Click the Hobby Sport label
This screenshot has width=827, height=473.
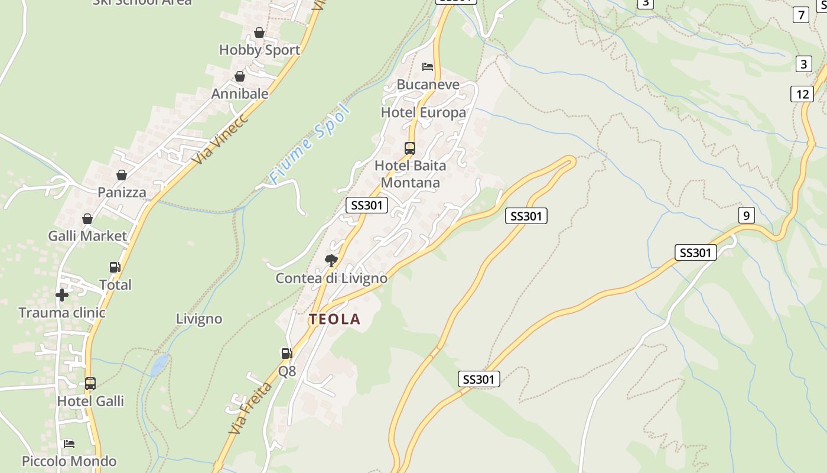pyautogui.click(x=259, y=50)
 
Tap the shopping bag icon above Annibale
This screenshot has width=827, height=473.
pyautogui.click(x=240, y=76)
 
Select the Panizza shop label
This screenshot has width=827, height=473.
pyautogui.click(x=122, y=192)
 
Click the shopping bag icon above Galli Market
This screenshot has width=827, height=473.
pyautogui.click(x=87, y=219)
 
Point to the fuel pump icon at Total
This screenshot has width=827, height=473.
pyautogui.click(x=115, y=267)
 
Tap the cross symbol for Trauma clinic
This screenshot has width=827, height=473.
pyautogui.click(x=62, y=294)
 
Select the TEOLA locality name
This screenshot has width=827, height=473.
pyautogui.click(x=334, y=319)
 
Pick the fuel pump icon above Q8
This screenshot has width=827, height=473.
pyautogui.click(x=286, y=354)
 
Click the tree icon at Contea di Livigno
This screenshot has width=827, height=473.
pyautogui.click(x=331, y=260)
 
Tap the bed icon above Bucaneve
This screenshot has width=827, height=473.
pyautogui.click(x=428, y=66)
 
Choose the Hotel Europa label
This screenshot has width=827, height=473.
pyautogui.click(x=423, y=112)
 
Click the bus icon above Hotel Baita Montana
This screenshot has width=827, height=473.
pyautogui.click(x=410, y=148)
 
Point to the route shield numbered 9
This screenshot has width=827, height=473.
pyautogui.click(x=746, y=215)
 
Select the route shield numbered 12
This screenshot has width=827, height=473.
pyautogui.click(x=802, y=93)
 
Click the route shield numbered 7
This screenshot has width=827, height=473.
pyautogui.click(x=801, y=15)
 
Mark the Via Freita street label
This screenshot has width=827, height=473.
pyautogui.click(x=250, y=409)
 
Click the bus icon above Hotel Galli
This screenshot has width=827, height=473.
pyautogui.click(x=90, y=384)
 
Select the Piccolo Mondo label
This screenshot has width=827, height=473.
pyautogui.click(x=69, y=461)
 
